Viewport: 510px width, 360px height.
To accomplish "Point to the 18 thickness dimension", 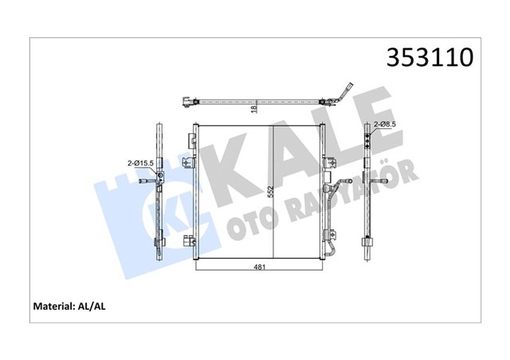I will [253, 110].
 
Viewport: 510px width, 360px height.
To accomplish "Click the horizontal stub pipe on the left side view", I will [149, 182].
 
